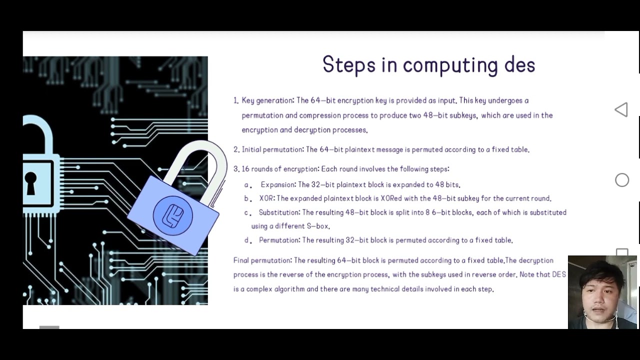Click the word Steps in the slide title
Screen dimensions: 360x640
tap(348, 65)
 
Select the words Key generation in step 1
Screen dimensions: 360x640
tap(267, 100)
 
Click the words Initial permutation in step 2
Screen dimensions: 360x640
tap(272, 149)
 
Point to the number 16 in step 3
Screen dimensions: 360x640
tap(245, 169)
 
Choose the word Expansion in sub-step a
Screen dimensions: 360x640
tap(277, 185)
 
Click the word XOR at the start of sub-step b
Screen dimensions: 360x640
tap(266, 198)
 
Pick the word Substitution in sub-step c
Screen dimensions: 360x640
tap(279, 212)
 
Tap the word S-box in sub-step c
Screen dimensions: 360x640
tap(318, 226)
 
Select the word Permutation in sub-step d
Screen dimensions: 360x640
tap(279, 240)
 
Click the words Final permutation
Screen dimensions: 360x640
tap(262, 260)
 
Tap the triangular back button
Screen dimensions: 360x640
tap(621, 110)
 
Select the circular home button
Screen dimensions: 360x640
tap(622, 180)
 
